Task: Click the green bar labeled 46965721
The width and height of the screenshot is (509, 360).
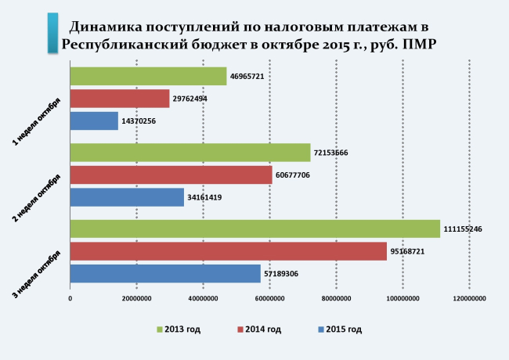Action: (x=148, y=76)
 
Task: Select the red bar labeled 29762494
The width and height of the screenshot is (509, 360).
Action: (x=120, y=99)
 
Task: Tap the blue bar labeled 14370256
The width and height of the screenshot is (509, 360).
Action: (x=94, y=121)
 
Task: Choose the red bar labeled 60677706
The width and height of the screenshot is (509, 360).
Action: (x=171, y=175)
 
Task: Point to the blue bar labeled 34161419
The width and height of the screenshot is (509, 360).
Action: (x=127, y=197)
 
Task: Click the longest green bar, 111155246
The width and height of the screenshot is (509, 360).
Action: (x=254, y=229)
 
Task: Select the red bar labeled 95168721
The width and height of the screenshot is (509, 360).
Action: (x=228, y=251)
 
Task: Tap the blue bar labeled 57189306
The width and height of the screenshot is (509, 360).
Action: (x=165, y=273)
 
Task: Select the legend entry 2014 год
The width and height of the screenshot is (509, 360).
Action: (x=261, y=329)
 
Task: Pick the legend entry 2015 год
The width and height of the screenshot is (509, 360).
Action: (x=341, y=329)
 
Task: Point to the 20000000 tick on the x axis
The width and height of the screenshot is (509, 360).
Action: (x=136, y=298)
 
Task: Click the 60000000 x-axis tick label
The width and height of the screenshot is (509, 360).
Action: (x=269, y=298)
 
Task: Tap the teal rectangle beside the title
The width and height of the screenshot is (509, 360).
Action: (x=52, y=32)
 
